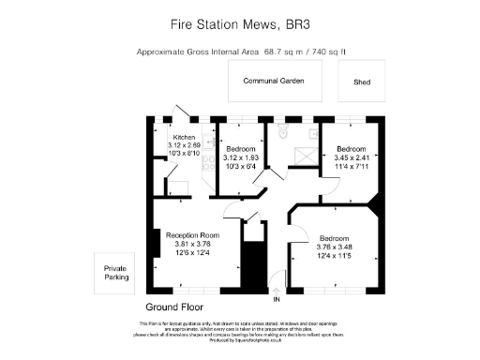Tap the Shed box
point(362,82)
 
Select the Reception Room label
point(192,234)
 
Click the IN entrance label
point(276,300)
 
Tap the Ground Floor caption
point(175,307)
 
